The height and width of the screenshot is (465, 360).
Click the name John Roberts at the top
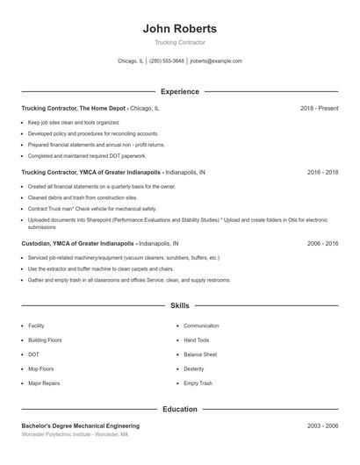coord(179,29)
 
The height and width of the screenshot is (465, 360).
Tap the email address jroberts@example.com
coord(215,61)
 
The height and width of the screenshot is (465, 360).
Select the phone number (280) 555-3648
coord(167,61)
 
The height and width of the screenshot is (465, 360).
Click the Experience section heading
coord(179,91)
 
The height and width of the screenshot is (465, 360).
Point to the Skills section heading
coord(179,306)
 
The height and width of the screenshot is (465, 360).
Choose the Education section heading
coord(179,410)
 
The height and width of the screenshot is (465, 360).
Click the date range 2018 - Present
coord(319,108)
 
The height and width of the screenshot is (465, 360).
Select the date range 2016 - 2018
coord(322,173)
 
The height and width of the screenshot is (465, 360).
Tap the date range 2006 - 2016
coord(322,243)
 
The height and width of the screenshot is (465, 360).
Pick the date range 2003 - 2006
coord(322,426)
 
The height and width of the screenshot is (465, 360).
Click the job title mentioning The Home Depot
coord(90,108)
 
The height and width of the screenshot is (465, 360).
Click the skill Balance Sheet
coord(200,354)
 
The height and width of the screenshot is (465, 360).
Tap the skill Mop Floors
coord(40,369)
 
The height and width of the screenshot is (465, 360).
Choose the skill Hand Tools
coord(197,340)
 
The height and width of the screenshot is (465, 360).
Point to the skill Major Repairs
coord(44,383)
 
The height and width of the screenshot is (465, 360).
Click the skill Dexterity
coord(194,369)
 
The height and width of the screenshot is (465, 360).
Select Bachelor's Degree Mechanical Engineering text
coord(80,426)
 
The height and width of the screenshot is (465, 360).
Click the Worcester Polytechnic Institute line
coord(75,434)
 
